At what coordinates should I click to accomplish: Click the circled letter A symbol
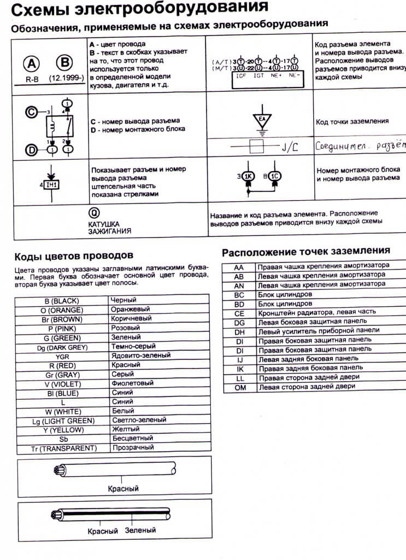[31, 63]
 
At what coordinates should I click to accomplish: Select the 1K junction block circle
[248, 176]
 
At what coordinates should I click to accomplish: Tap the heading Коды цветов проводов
[73, 256]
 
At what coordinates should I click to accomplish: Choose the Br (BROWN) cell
[62, 319]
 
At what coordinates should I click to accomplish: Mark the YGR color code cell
[62, 356]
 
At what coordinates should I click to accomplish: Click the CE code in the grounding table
[239, 313]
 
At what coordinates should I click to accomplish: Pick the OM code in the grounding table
[239, 387]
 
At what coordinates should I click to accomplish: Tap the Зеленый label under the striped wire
[140, 530]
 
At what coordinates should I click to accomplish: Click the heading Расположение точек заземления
[305, 251]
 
